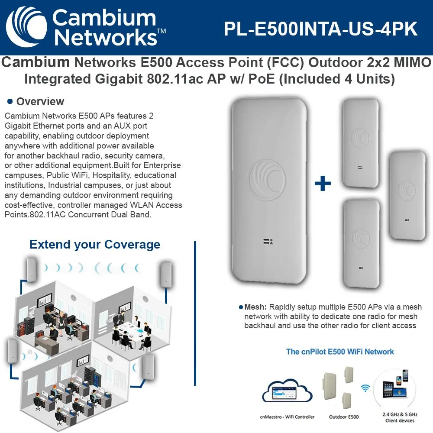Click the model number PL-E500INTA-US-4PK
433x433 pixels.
pyautogui.click(x=320, y=29)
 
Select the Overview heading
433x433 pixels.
pyautogui.click(x=40, y=102)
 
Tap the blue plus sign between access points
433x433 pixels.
pyautogui.click(x=323, y=184)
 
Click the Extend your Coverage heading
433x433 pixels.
pyautogui.click(x=95, y=245)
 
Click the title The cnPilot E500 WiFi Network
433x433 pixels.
pyautogui.click(x=340, y=351)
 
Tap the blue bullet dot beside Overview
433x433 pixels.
pyautogui.click(x=10, y=101)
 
